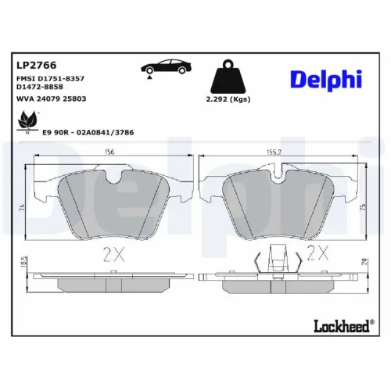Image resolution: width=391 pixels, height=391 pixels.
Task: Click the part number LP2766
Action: coord(30,66)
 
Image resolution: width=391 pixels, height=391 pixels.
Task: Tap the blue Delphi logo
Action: coord(326,79)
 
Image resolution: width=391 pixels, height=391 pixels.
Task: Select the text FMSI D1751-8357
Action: coord(49,80)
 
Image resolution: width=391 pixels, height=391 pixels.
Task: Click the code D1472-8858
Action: coord(39,88)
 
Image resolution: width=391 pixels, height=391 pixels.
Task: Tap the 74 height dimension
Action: coord(23,208)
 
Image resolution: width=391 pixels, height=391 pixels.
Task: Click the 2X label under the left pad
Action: coord(114,253)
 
